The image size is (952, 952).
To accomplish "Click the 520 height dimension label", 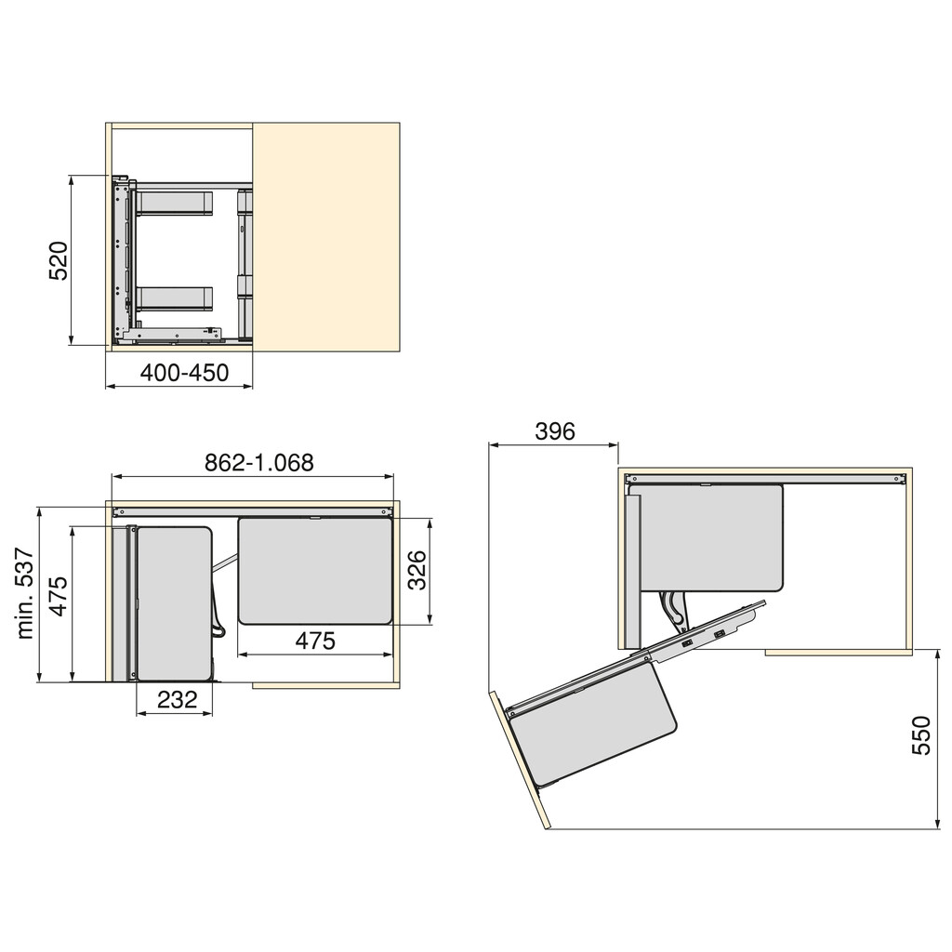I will tap(59, 261).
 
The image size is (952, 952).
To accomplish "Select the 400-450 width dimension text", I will tap(184, 373).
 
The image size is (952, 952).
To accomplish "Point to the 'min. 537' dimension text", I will tap(25, 593).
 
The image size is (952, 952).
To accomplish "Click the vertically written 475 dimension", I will tap(58, 596).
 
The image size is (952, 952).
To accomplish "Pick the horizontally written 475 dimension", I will tap(315, 641).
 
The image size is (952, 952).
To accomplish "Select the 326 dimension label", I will tap(416, 571).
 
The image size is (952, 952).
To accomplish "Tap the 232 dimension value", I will tap(177, 700).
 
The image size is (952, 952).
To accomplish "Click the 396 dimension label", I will tap(555, 431).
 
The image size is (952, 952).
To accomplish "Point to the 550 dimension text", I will tap(920, 734).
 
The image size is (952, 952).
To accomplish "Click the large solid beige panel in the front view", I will tap(325, 237).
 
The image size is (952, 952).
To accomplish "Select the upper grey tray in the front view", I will tap(176, 203).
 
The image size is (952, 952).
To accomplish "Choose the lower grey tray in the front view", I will tap(176, 297).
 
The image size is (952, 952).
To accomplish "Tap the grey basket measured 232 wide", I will tap(174, 602).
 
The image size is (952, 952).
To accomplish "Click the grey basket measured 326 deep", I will tap(316, 570).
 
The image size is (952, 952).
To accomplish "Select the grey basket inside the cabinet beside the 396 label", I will tap(711, 537).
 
